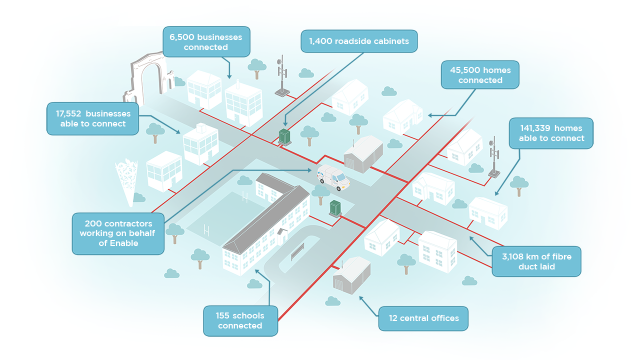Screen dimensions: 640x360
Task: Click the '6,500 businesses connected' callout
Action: pyautogui.click(x=206, y=42)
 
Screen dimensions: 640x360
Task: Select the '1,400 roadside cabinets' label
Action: pyautogui.click(x=359, y=41)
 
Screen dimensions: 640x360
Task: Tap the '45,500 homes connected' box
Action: pyautogui.click(x=480, y=75)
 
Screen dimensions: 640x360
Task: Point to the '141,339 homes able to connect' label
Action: pyautogui.click(x=551, y=133)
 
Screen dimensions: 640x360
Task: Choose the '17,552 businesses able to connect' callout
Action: pyautogui.click(x=93, y=118)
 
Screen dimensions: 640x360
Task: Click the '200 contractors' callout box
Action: pyautogui.click(x=118, y=233)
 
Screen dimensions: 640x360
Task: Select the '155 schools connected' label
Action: pyautogui.click(x=240, y=320)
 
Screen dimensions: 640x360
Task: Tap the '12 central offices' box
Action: pyautogui.click(x=423, y=318)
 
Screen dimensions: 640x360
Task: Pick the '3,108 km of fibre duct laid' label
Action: pyautogui.click(x=536, y=261)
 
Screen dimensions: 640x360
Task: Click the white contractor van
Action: pyautogui.click(x=333, y=177)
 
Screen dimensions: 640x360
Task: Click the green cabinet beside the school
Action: pyautogui.click(x=335, y=208)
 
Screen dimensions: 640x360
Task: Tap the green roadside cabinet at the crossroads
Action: pyautogui.click(x=284, y=137)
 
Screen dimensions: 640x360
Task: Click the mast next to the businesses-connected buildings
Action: pyautogui.click(x=282, y=76)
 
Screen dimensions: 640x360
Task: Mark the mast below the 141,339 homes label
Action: pyautogui.click(x=494, y=157)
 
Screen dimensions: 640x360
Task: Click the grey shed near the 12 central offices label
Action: pyautogui.click(x=351, y=275)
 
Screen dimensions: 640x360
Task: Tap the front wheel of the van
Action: pyautogui.click(x=339, y=188)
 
